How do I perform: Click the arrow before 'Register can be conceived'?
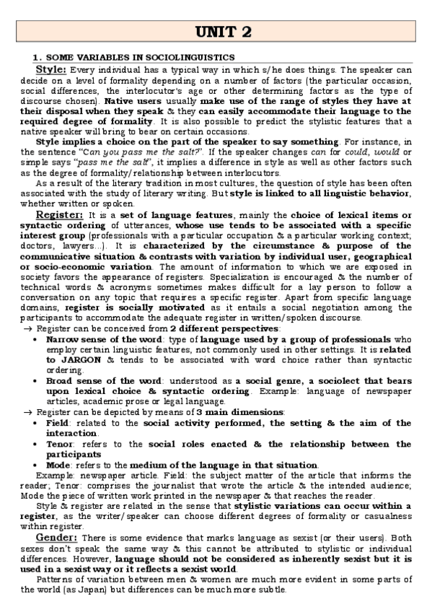27,329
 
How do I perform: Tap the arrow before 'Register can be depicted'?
27,412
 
